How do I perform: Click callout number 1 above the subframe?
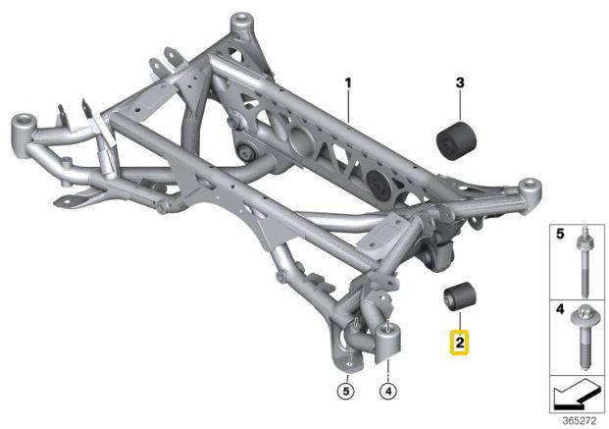pos(347,84)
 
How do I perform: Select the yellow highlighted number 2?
pos(458,343)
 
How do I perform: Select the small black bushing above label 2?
pos(458,295)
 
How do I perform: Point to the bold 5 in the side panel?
pos(559,236)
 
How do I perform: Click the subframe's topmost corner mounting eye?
pos(237,22)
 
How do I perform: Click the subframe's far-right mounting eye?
pos(530,186)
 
